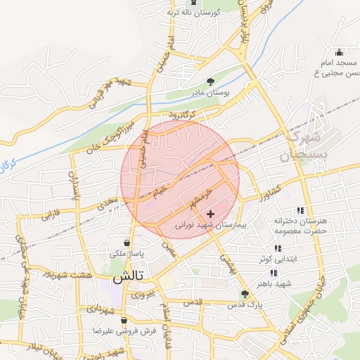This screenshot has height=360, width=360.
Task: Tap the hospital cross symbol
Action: [211, 213]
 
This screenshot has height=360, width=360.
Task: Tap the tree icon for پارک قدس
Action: [245, 294]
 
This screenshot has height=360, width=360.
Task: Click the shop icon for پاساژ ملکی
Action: [126, 241]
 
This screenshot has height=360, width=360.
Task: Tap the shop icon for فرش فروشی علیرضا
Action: [124, 320]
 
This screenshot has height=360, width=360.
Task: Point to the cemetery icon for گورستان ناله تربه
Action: [193, 3]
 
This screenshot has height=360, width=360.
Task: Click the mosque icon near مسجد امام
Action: [339, 51]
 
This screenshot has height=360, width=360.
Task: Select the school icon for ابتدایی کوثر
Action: [278, 247]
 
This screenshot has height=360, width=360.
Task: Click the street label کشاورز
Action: [268, 190]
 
